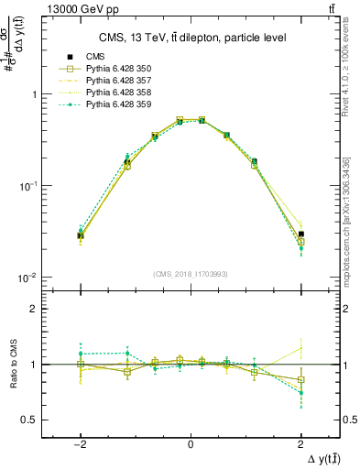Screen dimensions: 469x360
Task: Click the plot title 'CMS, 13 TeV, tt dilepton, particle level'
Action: (191, 38)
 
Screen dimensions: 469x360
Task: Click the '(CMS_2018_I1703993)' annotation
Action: (191, 273)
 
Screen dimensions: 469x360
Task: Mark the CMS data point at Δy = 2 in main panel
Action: (300, 234)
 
